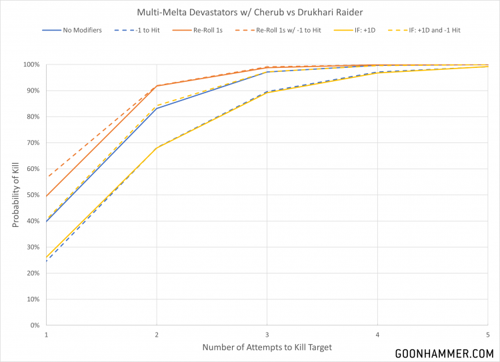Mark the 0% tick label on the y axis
point(35,325)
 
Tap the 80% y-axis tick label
point(33,116)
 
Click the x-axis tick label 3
point(267,335)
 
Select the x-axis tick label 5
point(488,335)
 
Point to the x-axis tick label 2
point(157,335)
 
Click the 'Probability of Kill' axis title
point(15,194)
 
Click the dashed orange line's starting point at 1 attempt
point(46,176)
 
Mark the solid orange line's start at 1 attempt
point(46,196)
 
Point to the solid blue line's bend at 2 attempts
point(157,108)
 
